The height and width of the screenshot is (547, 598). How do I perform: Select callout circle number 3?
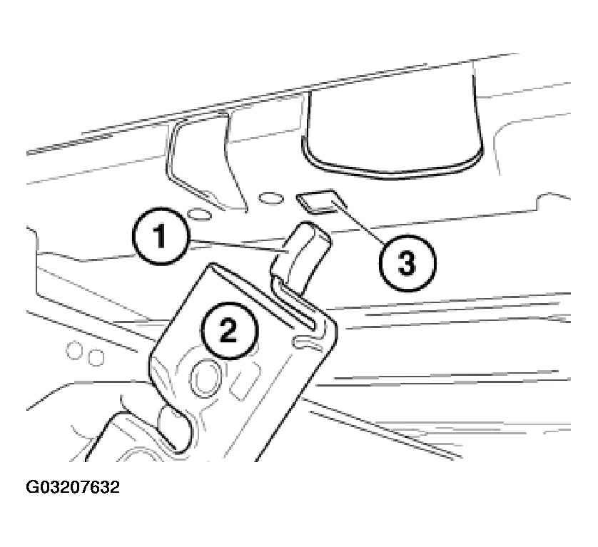click(405, 264)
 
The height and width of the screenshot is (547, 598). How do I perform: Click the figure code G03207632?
click(73, 488)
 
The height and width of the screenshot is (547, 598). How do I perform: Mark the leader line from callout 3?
click(360, 225)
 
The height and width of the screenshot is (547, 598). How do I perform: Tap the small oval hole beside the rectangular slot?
click(269, 197)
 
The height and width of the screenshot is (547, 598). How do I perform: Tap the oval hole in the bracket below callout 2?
click(206, 375)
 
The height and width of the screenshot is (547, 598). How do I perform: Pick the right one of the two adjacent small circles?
click(95, 355)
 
